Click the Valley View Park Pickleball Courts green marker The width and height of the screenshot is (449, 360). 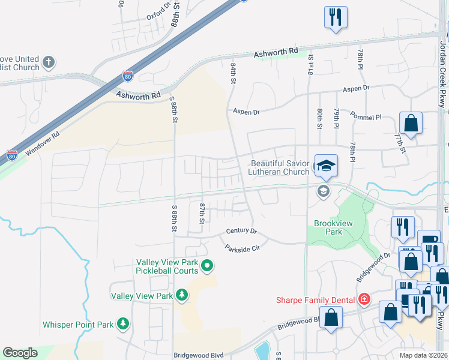pos(207,265)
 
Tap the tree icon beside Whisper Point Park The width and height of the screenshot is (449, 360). pos(123,324)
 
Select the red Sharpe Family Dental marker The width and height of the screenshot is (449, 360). pos(364,298)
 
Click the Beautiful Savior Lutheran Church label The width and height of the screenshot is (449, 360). pos(279,167)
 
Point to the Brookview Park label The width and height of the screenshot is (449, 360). pos(328,227)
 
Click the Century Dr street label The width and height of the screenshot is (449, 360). pos(241,231)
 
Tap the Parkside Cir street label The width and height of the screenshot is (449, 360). pos(242,248)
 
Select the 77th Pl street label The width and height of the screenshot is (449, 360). pos(398,143)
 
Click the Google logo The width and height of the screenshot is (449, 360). pos(20,353)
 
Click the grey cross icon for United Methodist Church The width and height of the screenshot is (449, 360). pos(49,62)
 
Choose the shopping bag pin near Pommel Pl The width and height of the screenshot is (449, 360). pos(411,124)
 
